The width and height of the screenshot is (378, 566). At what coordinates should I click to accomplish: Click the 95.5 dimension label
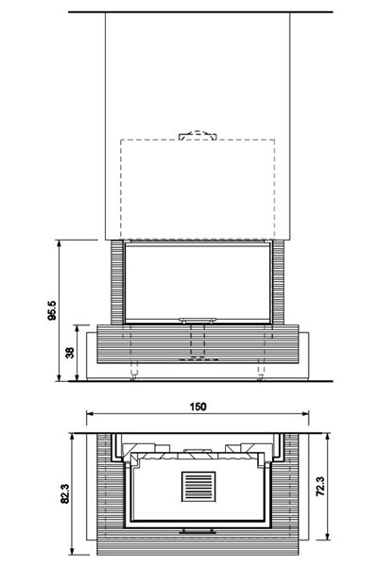pos(52,310)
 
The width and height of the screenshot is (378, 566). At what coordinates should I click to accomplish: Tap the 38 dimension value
pos(70,353)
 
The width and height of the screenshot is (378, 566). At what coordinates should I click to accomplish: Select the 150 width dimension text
pos(198,407)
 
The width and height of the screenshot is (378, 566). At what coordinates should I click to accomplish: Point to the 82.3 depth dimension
pos(65,493)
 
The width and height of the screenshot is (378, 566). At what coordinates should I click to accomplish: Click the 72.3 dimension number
pos(320,486)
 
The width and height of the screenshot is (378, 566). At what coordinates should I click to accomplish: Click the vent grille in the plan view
pos(198,487)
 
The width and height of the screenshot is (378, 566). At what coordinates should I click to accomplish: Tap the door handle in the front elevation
pos(198,320)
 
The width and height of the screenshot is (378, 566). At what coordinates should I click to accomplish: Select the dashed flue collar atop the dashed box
pos(198,135)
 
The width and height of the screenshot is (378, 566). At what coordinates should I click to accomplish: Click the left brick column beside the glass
pos(117,282)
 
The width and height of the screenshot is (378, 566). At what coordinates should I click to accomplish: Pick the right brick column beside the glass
pos(278,282)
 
